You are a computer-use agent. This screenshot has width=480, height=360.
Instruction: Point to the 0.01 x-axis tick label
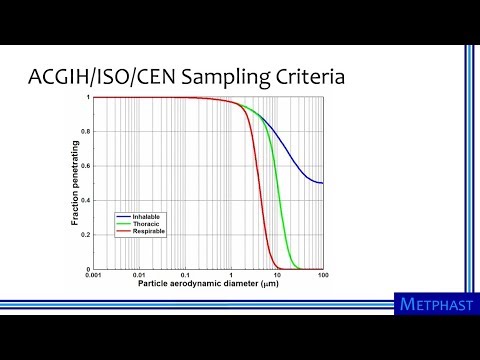pos(140,276)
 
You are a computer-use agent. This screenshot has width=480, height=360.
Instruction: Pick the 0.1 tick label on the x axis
pos(186,276)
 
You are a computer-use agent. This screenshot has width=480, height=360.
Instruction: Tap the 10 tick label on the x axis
pos(277,276)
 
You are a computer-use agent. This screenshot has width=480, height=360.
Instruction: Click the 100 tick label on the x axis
pos(321,276)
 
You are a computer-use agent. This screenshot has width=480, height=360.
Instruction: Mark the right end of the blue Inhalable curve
pos(322,183)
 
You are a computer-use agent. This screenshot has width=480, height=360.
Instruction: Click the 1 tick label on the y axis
pos(88,98)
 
